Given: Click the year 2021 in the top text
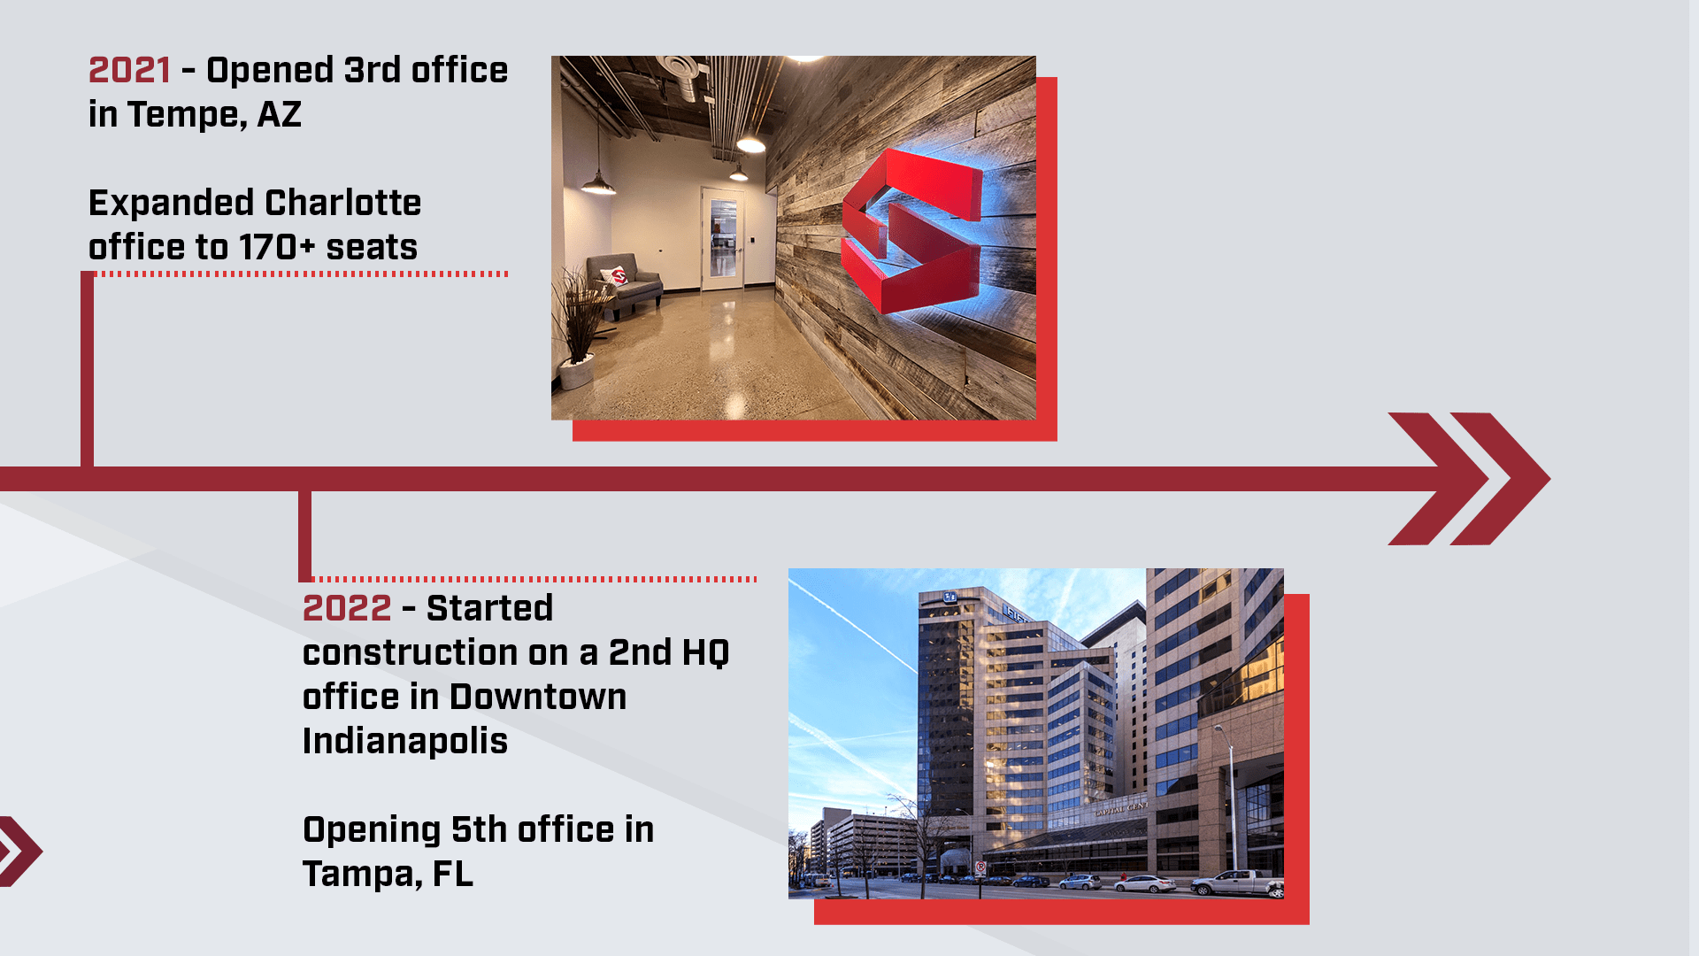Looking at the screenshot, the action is (x=129, y=70).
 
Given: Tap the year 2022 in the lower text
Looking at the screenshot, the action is (x=347, y=608).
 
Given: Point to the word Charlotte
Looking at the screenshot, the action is (x=342, y=203).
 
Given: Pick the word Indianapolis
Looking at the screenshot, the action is (x=405, y=742).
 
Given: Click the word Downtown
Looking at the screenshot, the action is (x=538, y=697).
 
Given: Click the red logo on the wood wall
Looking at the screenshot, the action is (x=911, y=232).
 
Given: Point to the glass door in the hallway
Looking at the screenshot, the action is (x=723, y=238).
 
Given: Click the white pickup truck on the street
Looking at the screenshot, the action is (x=1236, y=883).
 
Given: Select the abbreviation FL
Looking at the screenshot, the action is (x=453, y=875).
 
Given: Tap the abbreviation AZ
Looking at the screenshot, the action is (x=280, y=115).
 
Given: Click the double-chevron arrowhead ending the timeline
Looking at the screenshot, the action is (x=1469, y=479).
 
